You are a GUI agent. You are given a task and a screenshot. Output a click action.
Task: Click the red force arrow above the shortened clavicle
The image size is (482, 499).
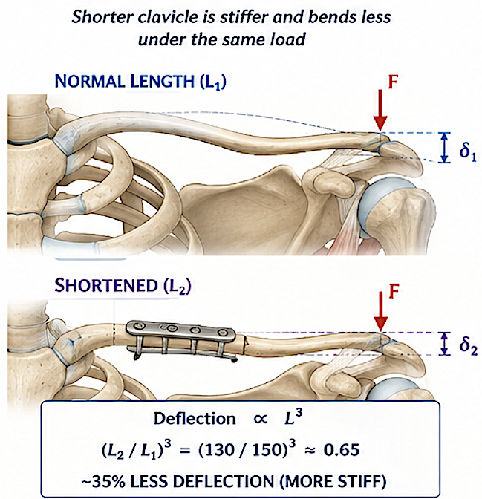380,312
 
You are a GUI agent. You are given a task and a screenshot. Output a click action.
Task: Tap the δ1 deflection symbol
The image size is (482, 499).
468,151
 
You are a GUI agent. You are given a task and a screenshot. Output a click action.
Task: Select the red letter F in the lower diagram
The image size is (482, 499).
394,291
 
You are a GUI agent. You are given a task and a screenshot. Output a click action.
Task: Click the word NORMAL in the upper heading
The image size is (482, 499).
90,82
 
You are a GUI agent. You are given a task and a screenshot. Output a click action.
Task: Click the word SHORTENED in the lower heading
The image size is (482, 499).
106,285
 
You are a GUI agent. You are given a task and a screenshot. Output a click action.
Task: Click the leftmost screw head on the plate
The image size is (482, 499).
138,325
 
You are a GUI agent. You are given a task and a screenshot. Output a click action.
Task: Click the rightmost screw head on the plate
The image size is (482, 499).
221,333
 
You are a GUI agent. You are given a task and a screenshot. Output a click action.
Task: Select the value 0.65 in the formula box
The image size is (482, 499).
342,450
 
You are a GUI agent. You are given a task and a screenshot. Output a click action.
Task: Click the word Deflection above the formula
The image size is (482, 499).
195,419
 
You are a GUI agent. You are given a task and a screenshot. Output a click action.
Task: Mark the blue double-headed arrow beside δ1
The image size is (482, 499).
445,148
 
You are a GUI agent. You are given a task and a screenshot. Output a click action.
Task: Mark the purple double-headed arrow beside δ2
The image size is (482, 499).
445,344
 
